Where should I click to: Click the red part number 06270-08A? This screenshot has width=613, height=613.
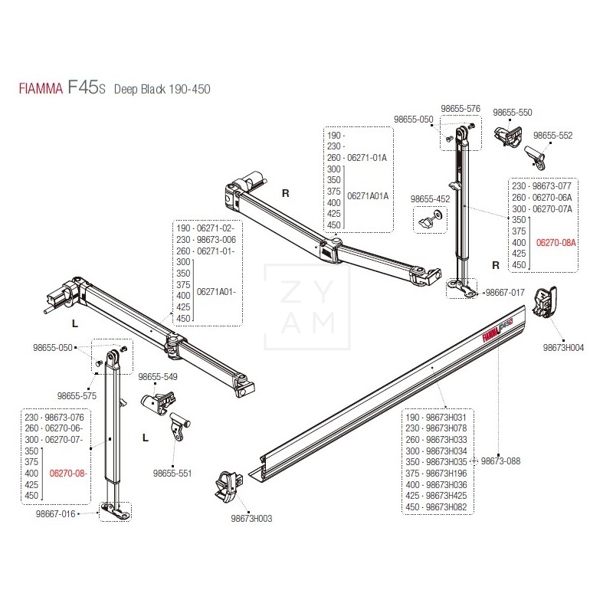point(556,241)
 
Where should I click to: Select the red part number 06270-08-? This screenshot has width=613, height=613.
point(67,474)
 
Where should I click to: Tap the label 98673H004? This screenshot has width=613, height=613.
point(563,347)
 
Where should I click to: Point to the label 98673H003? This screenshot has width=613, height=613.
point(251,519)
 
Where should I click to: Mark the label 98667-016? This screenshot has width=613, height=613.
point(55,513)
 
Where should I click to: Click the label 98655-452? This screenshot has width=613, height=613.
point(431,198)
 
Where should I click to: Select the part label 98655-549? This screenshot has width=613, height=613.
point(158,377)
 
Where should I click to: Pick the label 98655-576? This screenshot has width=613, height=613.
point(461,109)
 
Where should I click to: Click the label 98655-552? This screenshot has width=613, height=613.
point(552,135)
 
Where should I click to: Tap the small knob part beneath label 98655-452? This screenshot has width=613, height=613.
point(426,220)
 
